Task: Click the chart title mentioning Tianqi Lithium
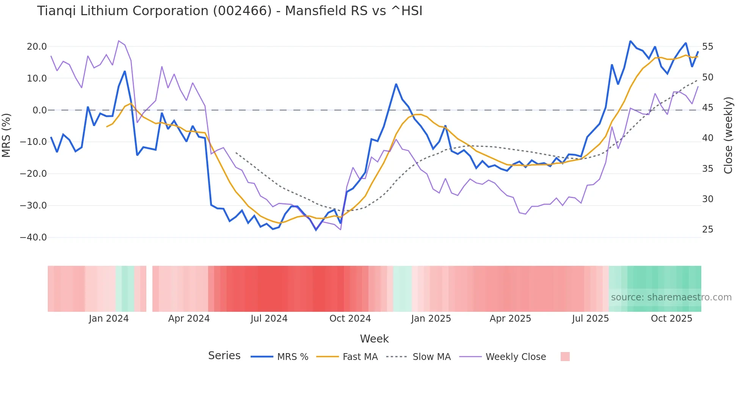click(229, 11)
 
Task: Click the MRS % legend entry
click(292, 357)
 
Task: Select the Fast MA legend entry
click(360, 357)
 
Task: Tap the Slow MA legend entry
click(431, 357)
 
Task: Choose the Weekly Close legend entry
click(516, 357)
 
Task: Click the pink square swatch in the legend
click(565, 357)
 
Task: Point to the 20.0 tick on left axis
click(37, 47)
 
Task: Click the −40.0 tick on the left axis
click(33, 237)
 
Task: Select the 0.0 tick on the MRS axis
click(39, 110)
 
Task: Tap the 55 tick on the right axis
click(707, 47)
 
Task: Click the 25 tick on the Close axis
click(707, 229)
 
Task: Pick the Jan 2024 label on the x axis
click(109, 319)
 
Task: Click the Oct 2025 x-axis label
click(671, 319)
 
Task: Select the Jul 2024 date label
click(269, 319)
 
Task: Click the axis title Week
click(374, 339)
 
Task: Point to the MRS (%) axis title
click(6, 135)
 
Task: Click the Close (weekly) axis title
click(728, 135)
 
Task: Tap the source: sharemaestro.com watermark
click(671, 297)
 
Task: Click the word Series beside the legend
click(224, 356)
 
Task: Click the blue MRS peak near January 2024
click(125, 71)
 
